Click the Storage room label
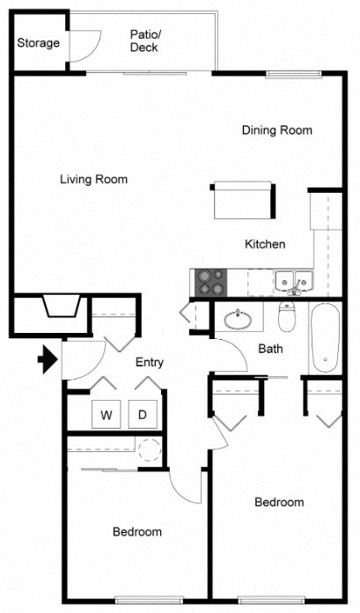coord(39,42)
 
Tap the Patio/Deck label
coord(143,41)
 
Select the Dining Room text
coord(277,130)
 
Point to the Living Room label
coord(93,180)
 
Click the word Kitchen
coord(265,244)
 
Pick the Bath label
coord(270,349)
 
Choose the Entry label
coord(150,362)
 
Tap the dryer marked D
coord(142,414)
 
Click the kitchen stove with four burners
coord(210,282)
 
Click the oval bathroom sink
coord(237,318)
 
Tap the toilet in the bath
coord(287,315)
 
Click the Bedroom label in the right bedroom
coord(279,503)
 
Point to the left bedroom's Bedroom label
coord(136,532)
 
